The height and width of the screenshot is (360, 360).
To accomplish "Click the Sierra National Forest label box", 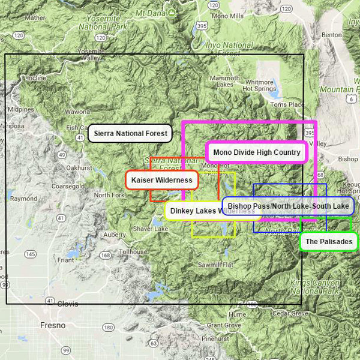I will point(130,133).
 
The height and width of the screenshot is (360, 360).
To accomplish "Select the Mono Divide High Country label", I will point(256,152).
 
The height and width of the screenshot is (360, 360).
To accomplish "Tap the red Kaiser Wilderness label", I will point(161,180).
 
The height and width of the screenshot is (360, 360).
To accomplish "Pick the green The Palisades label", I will point(328,242).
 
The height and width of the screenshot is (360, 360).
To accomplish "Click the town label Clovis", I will point(67,304).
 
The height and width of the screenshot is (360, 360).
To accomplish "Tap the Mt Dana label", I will point(150,13).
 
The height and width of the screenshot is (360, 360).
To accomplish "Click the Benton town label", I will point(331,35).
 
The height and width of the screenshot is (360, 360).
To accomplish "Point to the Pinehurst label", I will point(215,338).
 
